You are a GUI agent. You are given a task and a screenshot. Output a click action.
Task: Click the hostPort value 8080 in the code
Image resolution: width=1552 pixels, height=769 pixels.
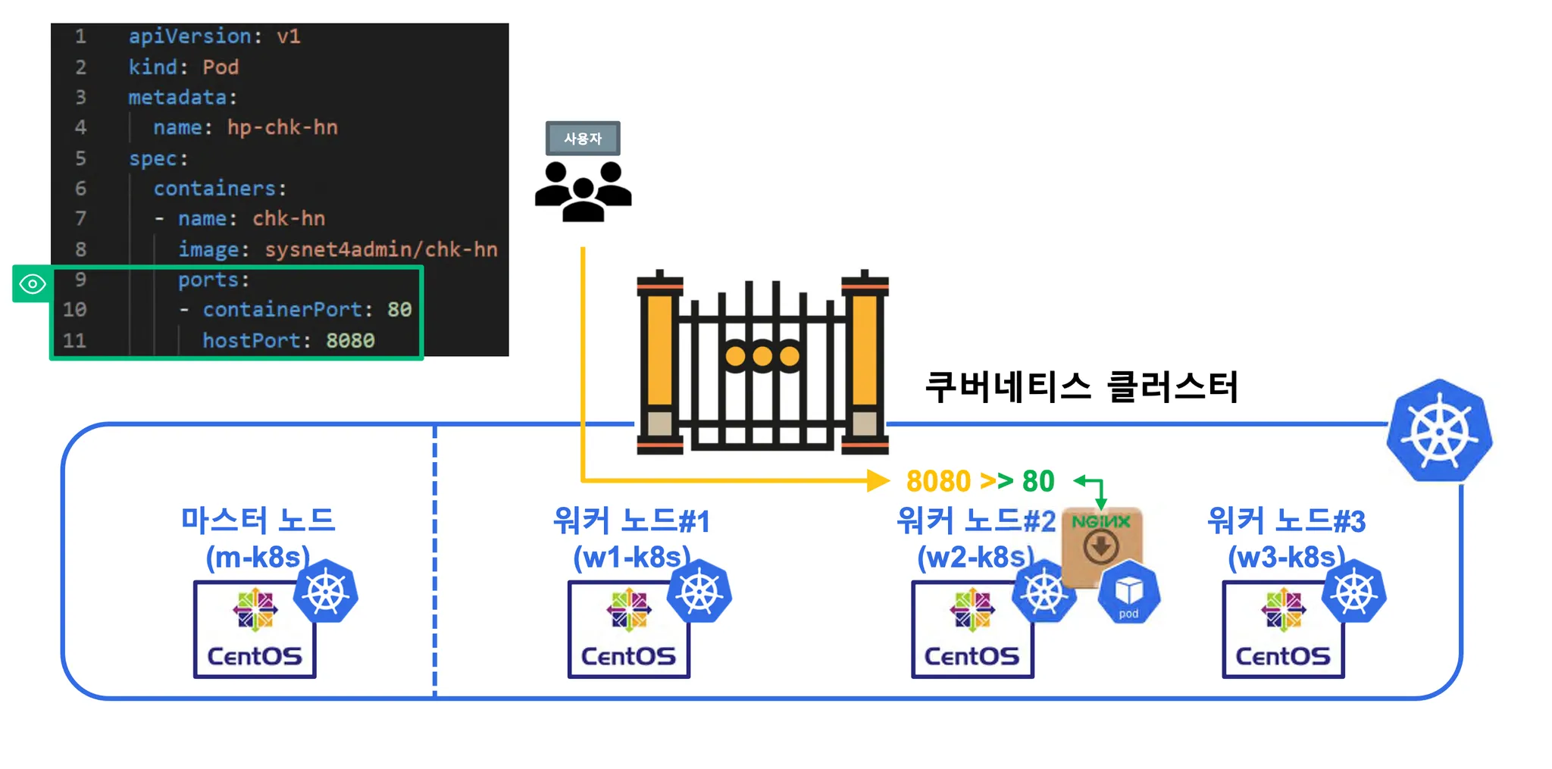click(x=350, y=340)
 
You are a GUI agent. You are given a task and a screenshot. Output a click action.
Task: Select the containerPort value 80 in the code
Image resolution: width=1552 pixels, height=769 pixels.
click(x=399, y=309)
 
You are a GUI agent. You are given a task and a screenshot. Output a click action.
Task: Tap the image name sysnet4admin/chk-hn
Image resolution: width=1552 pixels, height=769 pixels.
click(x=380, y=249)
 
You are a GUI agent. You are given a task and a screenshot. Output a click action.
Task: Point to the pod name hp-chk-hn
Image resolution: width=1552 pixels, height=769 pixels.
click(x=282, y=127)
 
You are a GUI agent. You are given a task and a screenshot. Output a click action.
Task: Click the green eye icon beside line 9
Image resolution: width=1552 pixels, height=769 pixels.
click(x=33, y=284)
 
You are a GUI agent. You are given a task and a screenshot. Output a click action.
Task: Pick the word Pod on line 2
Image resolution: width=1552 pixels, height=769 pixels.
click(x=221, y=67)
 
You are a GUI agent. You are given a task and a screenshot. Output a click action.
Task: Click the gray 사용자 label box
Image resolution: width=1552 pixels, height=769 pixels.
click(x=582, y=139)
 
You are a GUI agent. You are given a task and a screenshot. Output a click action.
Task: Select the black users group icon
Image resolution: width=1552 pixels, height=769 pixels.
click(x=583, y=191)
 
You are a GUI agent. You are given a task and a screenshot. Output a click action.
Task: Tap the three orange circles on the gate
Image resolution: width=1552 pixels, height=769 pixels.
click(x=762, y=356)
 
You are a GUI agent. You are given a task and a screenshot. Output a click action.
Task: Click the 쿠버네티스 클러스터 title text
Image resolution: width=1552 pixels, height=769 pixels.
click(x=1081, y=386)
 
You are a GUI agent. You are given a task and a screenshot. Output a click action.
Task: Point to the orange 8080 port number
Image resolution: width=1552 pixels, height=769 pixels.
click(x=938, y=481)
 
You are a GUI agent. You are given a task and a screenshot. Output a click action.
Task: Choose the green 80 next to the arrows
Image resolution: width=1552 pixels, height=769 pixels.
click(x=1038, y=481)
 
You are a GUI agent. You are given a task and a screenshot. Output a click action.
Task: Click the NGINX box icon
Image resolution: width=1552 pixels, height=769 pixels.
click(x=1101, y=544)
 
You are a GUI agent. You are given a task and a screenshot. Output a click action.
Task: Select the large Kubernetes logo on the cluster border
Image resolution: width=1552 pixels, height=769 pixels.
click(x=1439, y=431)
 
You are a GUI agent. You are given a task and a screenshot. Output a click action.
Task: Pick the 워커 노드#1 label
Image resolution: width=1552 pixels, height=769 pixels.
click(x=631, y=521)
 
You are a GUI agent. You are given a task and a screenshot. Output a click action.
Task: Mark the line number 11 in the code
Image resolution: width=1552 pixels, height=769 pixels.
click(x=74, y=340)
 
